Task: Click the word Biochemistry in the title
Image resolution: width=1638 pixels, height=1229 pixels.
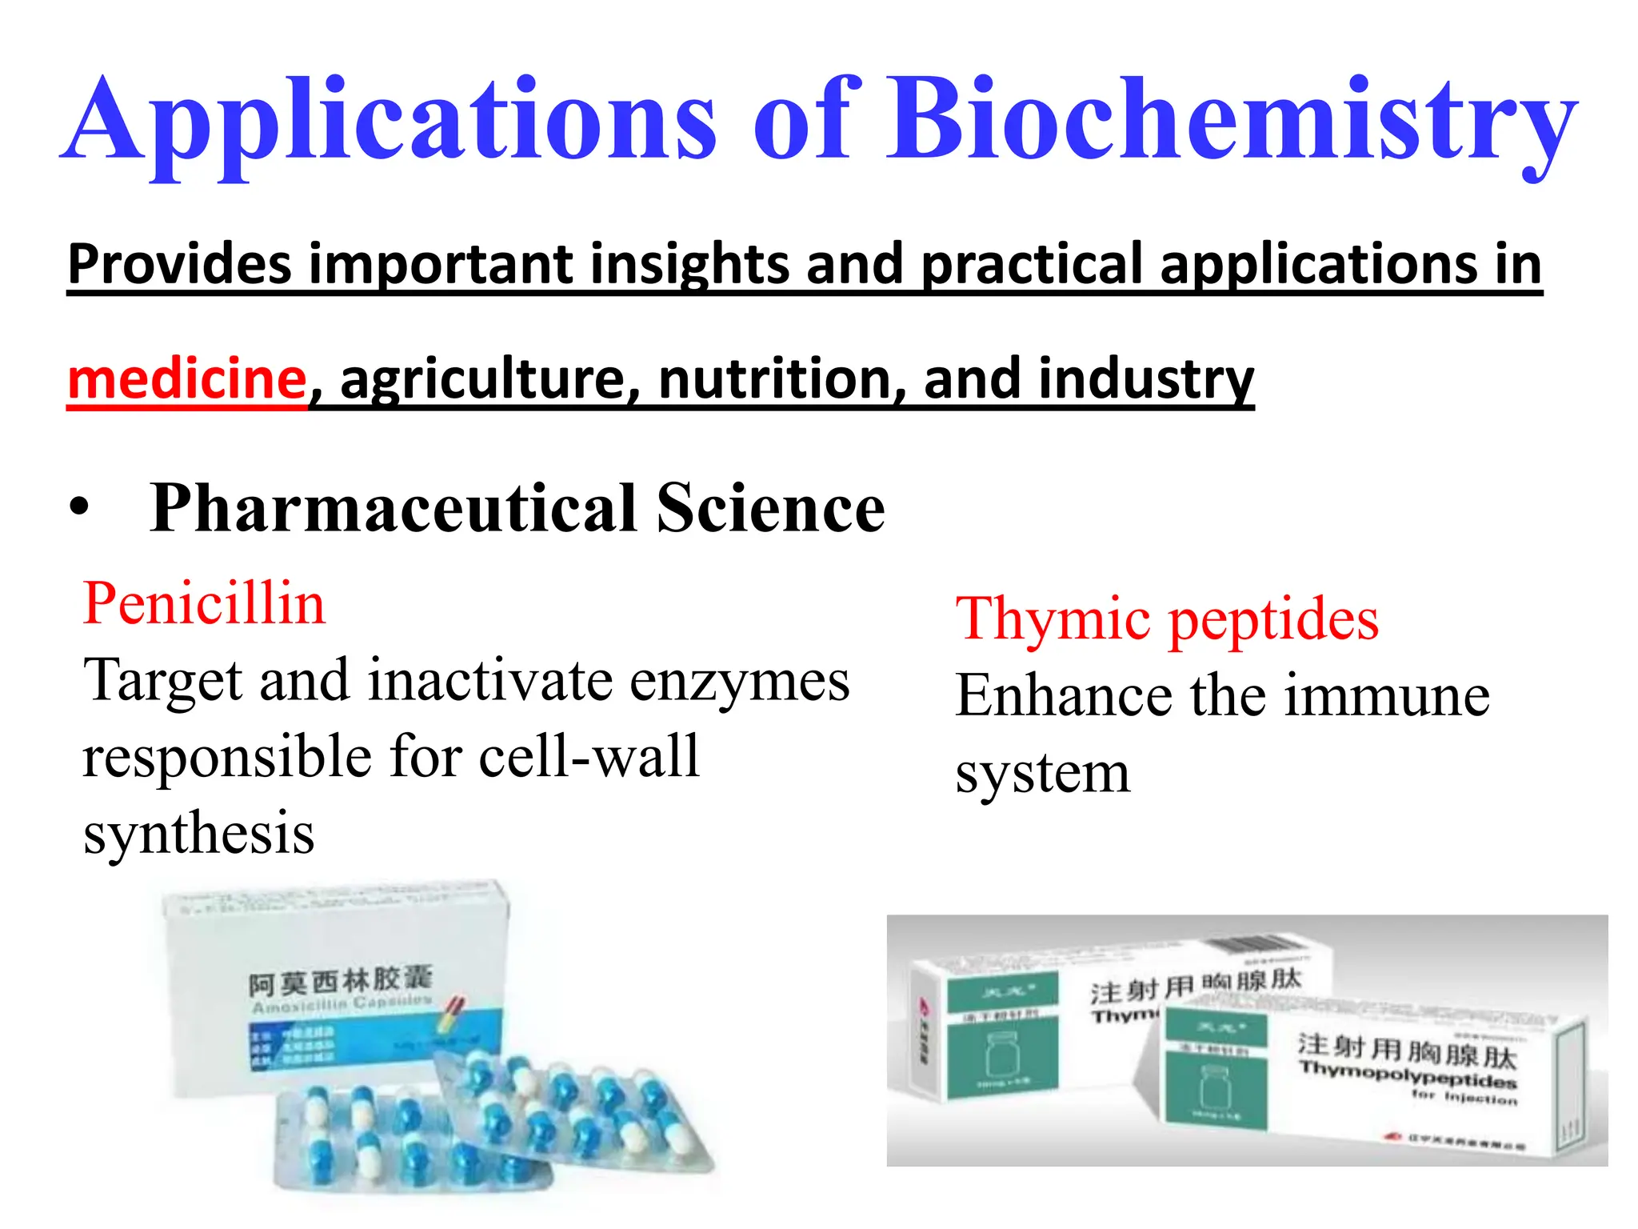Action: coord(1232,120)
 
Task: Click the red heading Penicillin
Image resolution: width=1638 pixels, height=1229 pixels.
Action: coord(204,603)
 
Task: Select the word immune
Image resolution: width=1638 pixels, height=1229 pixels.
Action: coord(1387,696)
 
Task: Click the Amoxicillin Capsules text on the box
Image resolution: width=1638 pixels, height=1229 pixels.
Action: coord(342,1004)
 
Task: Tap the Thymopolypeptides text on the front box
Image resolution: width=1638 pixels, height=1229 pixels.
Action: coord(1408,1075)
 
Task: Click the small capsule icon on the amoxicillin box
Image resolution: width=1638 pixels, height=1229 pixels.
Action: coord(452,1013)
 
